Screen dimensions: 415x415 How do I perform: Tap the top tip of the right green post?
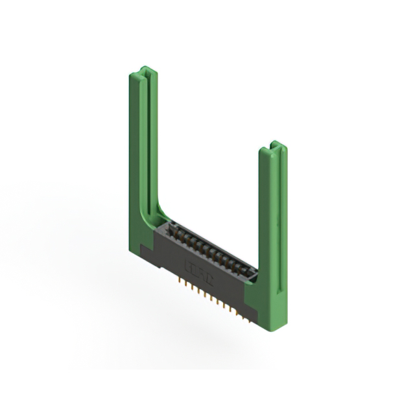click(x=275, y=144)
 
